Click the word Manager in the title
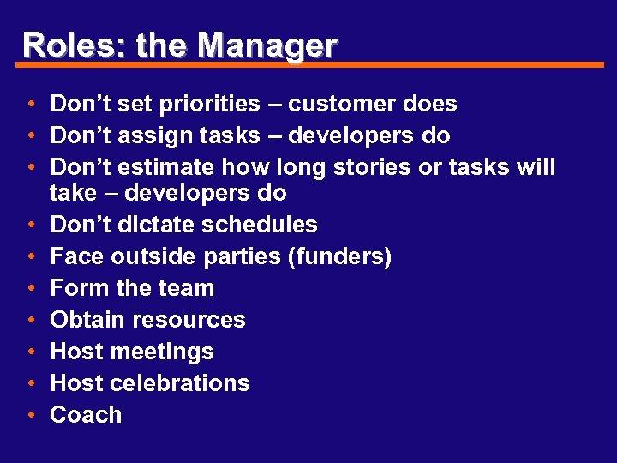(276, 45)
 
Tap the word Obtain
(88, 321)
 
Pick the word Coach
(86, 415)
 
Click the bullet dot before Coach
(30, 416)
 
